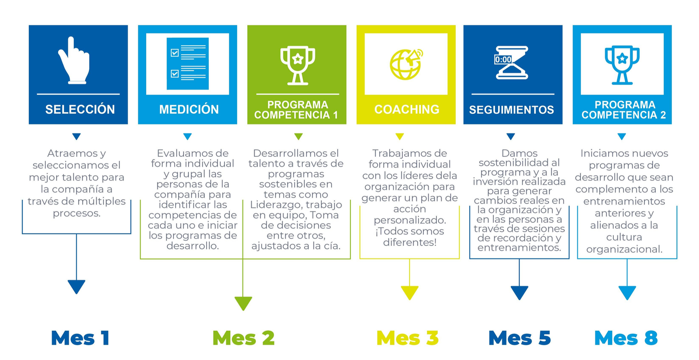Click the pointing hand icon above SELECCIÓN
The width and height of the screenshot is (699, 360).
[x=75, y=61]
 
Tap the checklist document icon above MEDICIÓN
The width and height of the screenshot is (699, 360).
[x=188, y=64]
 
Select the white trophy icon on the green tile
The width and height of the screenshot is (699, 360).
[x=298, y=65]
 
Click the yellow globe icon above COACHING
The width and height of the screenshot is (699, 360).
[x=406, y=64]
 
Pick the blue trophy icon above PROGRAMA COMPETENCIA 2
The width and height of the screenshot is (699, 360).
[x=622, y=65]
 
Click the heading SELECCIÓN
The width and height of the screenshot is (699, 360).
[x=80, y=109]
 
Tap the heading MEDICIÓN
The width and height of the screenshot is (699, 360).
[x=189, y=109]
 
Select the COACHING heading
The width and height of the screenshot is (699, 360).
[x=407, y=109]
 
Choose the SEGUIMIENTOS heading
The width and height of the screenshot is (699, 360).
[x=512, y=110]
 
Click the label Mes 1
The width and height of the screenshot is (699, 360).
[x=80, y=338]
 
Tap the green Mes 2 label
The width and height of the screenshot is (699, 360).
[x=243, y=338]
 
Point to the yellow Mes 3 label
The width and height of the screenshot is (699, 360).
[x=407, y=338]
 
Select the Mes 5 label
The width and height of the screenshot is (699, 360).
[x=519, y=338]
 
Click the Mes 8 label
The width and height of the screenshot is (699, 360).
[x=626, y=338]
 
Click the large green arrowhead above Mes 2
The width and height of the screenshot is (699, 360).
[x=243, y=302]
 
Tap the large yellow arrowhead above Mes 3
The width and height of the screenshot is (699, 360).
[x=409, y=292]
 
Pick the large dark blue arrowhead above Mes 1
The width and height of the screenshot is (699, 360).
[x=76, y=286]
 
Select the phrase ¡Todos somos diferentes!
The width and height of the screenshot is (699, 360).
[x=409, y=237]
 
